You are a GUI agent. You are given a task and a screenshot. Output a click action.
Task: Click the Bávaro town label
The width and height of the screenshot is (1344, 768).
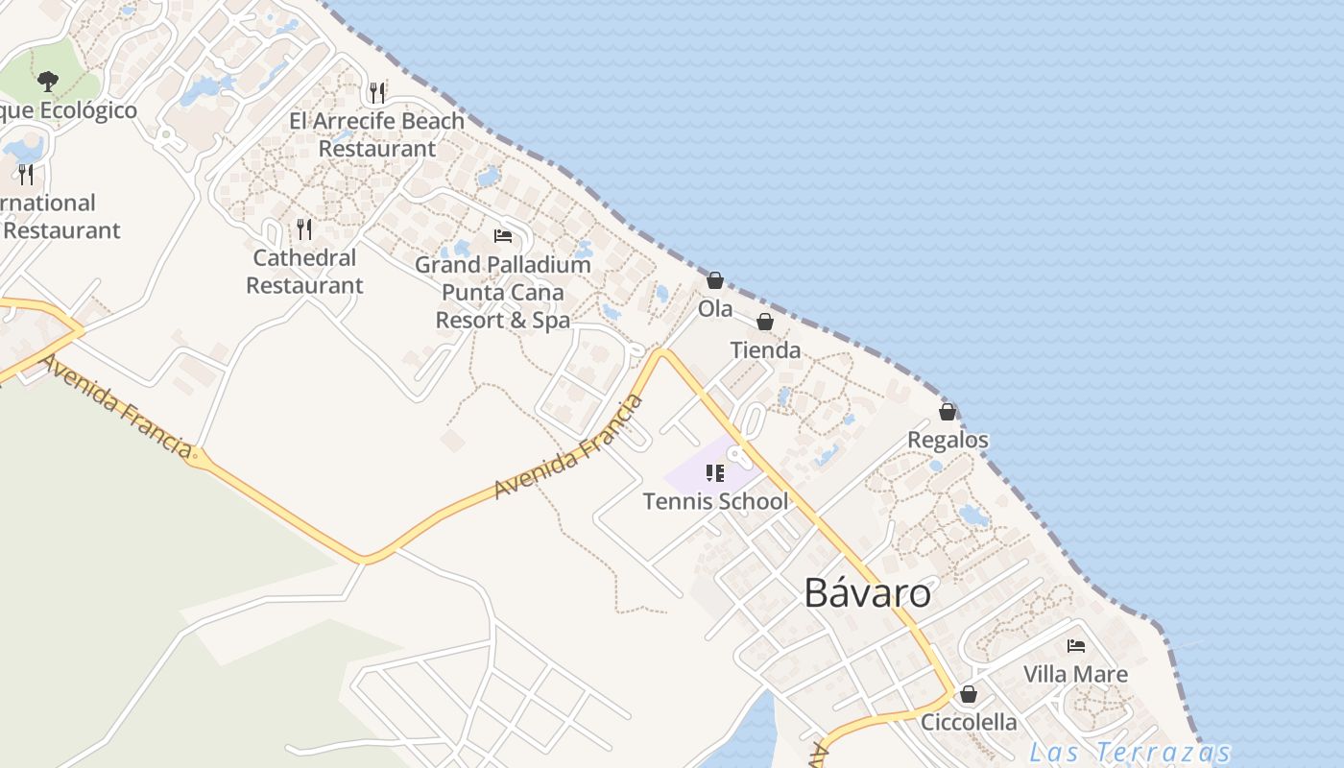(867, 593)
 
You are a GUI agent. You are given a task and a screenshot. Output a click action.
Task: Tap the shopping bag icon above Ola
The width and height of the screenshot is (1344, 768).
(715, 280)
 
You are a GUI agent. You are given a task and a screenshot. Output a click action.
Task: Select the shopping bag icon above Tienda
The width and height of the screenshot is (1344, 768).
(765, 322)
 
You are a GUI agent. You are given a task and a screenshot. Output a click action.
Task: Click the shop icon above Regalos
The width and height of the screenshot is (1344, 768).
(948, 412)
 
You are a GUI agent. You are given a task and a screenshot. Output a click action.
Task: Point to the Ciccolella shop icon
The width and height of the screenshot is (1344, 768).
(969, 694)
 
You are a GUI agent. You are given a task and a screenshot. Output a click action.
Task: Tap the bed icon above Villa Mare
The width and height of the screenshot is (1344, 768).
(1076, 646)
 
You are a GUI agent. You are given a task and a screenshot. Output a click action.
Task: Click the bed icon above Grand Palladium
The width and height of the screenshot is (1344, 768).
(502, 236)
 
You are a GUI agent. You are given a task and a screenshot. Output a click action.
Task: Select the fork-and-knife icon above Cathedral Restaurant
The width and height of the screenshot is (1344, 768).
(304, 228)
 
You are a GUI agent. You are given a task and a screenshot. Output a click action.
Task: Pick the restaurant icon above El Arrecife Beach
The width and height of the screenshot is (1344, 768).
(377, 92)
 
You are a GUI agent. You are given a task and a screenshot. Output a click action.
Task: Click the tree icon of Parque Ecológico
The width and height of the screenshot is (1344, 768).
(48, 82)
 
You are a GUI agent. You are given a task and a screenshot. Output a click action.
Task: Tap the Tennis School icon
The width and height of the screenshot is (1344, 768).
(715, 472)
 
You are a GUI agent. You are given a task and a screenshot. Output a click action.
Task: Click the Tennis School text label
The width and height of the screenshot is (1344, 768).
(715, 501)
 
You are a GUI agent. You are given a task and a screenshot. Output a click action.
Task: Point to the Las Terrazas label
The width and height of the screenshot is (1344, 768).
(1129, 752)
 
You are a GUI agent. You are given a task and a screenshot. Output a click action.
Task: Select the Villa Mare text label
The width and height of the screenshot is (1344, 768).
(1075, 674)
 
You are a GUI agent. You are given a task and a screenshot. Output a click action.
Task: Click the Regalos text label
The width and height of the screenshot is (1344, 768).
(948, 440)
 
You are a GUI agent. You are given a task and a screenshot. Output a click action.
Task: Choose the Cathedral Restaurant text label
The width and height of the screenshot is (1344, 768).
(304, 272)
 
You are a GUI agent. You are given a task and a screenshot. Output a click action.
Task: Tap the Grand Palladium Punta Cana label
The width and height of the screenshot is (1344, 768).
(503, 292)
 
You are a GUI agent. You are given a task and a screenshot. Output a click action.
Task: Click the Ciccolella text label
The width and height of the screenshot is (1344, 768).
(969, 722)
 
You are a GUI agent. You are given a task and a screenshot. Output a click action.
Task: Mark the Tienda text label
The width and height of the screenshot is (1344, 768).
(765, 350)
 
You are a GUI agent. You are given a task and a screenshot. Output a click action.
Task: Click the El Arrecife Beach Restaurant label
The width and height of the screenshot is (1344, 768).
(377, 135)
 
